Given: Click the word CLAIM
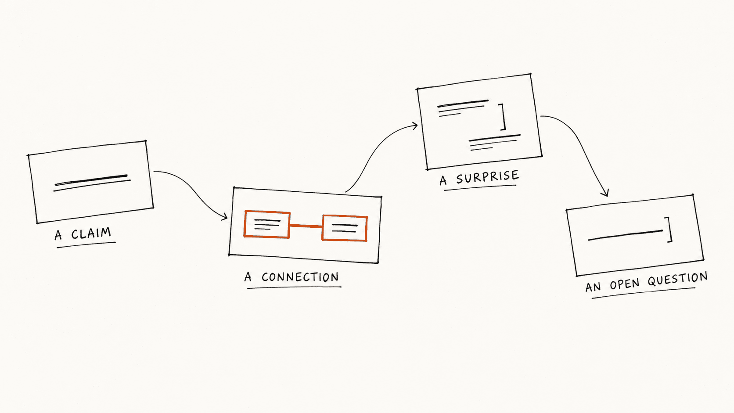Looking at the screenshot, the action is [91, 233].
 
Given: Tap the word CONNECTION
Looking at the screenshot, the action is [300, 277].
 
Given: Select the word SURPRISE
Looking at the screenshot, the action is [488, 177].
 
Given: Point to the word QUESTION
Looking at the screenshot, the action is [678, 280].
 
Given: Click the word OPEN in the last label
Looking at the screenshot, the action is [625, 284].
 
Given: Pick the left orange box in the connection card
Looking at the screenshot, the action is [267, 224].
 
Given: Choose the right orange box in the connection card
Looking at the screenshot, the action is [344, 228].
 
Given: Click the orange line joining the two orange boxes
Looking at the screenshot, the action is [306, 226].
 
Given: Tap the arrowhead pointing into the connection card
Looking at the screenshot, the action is [225, 217].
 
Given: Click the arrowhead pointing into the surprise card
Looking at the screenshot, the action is [415, 126].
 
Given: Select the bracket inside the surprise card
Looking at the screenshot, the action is [502, 117].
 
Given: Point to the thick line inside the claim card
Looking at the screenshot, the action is [91, 180].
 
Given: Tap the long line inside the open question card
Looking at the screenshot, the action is [625, 235].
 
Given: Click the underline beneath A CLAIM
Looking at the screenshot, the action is [86, 245].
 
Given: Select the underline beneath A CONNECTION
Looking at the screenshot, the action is [294, 288].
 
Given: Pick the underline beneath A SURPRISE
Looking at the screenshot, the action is [480, 188].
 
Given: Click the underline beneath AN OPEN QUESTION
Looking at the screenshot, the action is [643, 293].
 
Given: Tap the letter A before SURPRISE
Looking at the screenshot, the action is [443, 180].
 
